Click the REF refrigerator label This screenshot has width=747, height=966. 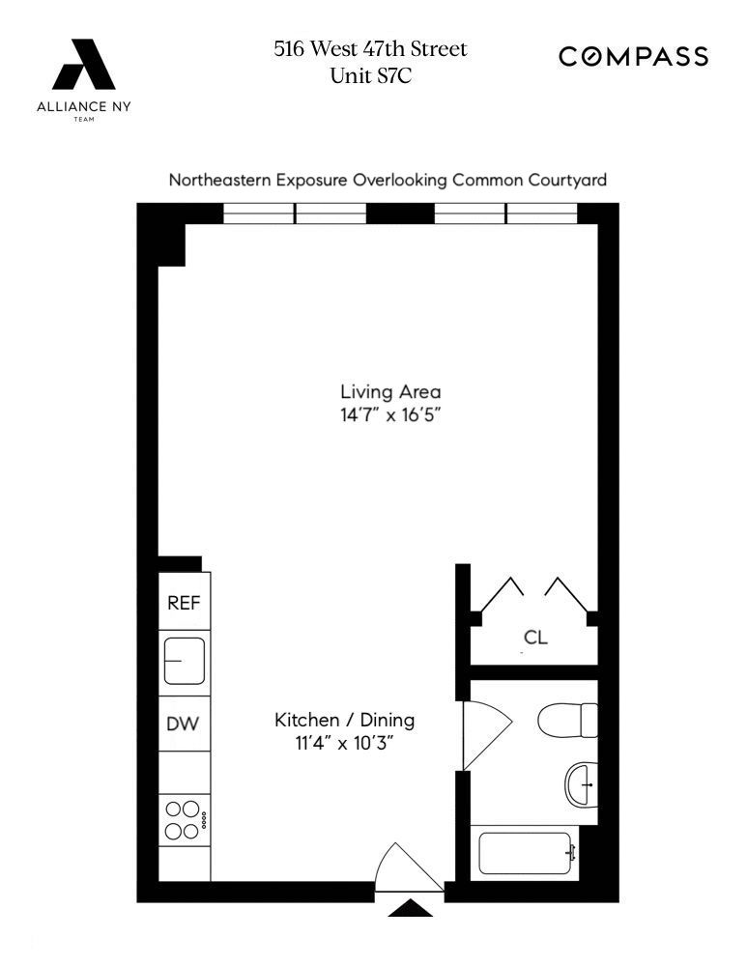(184, 603)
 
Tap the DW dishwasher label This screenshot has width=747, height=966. (184, 724)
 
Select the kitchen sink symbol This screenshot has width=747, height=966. (184, 662)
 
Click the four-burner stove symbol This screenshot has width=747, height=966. (184, 818)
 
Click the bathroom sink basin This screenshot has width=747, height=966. (582, 783)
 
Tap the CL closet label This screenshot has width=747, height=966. (535, 638)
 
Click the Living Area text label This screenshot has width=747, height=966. (390, 392)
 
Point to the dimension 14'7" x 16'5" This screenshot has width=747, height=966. (390, 418)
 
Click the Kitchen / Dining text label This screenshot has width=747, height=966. (344, 720)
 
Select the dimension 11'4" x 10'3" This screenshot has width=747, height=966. (344, 745)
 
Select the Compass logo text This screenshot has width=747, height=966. (633, 57)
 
